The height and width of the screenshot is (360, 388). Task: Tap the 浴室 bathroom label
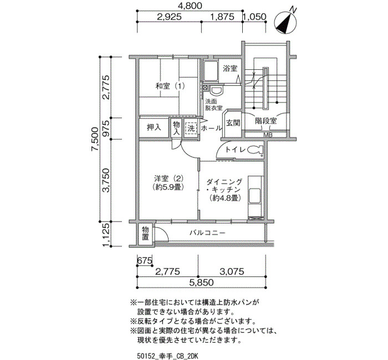[x=230, y=68]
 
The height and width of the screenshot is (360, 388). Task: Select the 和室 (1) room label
[x=170, y=86]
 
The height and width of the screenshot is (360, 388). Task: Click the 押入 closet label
[x=154, y=127]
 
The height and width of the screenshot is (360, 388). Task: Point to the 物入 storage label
[x=176, y=128]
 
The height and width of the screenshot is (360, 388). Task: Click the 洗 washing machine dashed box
[x=191, y=128]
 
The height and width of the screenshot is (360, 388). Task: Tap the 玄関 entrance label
[x=233, y=123]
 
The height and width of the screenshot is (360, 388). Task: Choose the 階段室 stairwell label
[x=266, y=121]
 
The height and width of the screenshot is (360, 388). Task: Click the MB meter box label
[x=268, y=135]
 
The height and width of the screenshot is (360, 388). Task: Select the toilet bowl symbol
[x=254, y=150]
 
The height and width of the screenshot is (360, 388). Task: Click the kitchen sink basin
[x=254, y=196]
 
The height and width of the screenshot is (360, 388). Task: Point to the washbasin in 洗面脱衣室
[x=217, y=90]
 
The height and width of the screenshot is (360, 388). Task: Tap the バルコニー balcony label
[x=208, y=233]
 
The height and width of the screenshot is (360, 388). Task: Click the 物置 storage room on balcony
[x=145, y=234]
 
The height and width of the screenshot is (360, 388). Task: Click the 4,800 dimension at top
[x=190, y=6]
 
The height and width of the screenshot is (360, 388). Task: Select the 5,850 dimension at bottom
[x=202, y=282]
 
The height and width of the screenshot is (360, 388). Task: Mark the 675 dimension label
[x=145, y=261]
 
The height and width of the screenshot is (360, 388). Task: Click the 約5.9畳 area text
[x=169, y=187]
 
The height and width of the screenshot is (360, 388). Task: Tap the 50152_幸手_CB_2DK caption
[x=167, y=356]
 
